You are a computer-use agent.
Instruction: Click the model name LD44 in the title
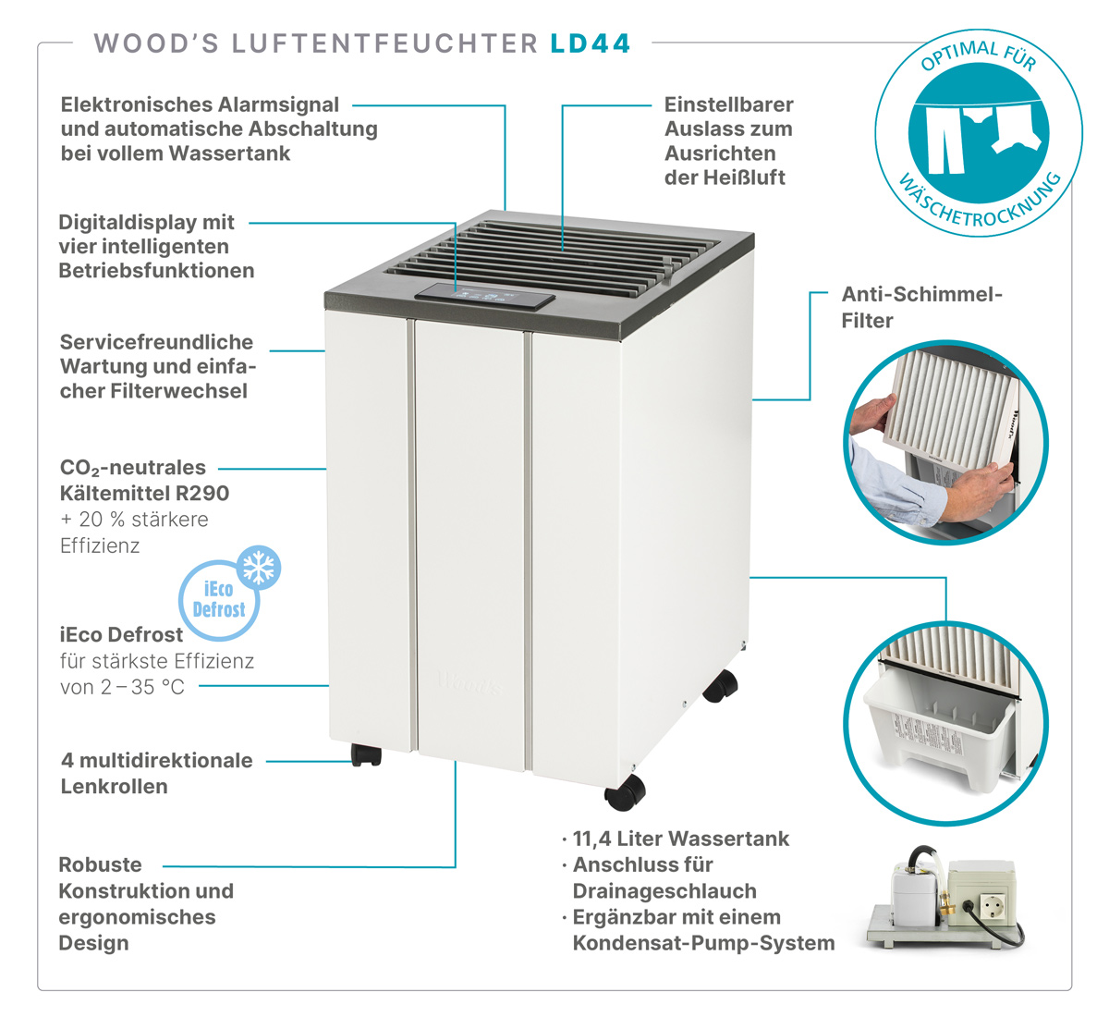[x=591, y=43]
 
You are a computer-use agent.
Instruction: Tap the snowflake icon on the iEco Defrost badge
[x=259, y=567]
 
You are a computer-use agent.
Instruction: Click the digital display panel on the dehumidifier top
[x=484, y=296]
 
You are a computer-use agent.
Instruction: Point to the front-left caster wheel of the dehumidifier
[x=366, y=754]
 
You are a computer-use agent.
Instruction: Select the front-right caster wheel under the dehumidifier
[x=625, y=792]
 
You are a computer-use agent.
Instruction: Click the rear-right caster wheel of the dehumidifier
[x=720, y=686]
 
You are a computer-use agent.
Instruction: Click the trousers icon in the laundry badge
[x=945, y=140]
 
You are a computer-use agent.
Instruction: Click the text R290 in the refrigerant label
[x=202, y=494]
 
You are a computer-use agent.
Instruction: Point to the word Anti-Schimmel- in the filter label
[x=922, y=294]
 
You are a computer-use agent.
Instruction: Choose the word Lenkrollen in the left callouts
[x=115, y=786]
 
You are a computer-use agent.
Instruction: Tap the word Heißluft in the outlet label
[x=744, y=178]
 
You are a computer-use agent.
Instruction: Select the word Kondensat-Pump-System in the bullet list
[x=703, y=943]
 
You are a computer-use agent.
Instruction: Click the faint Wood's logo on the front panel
[x=470, y=682]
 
